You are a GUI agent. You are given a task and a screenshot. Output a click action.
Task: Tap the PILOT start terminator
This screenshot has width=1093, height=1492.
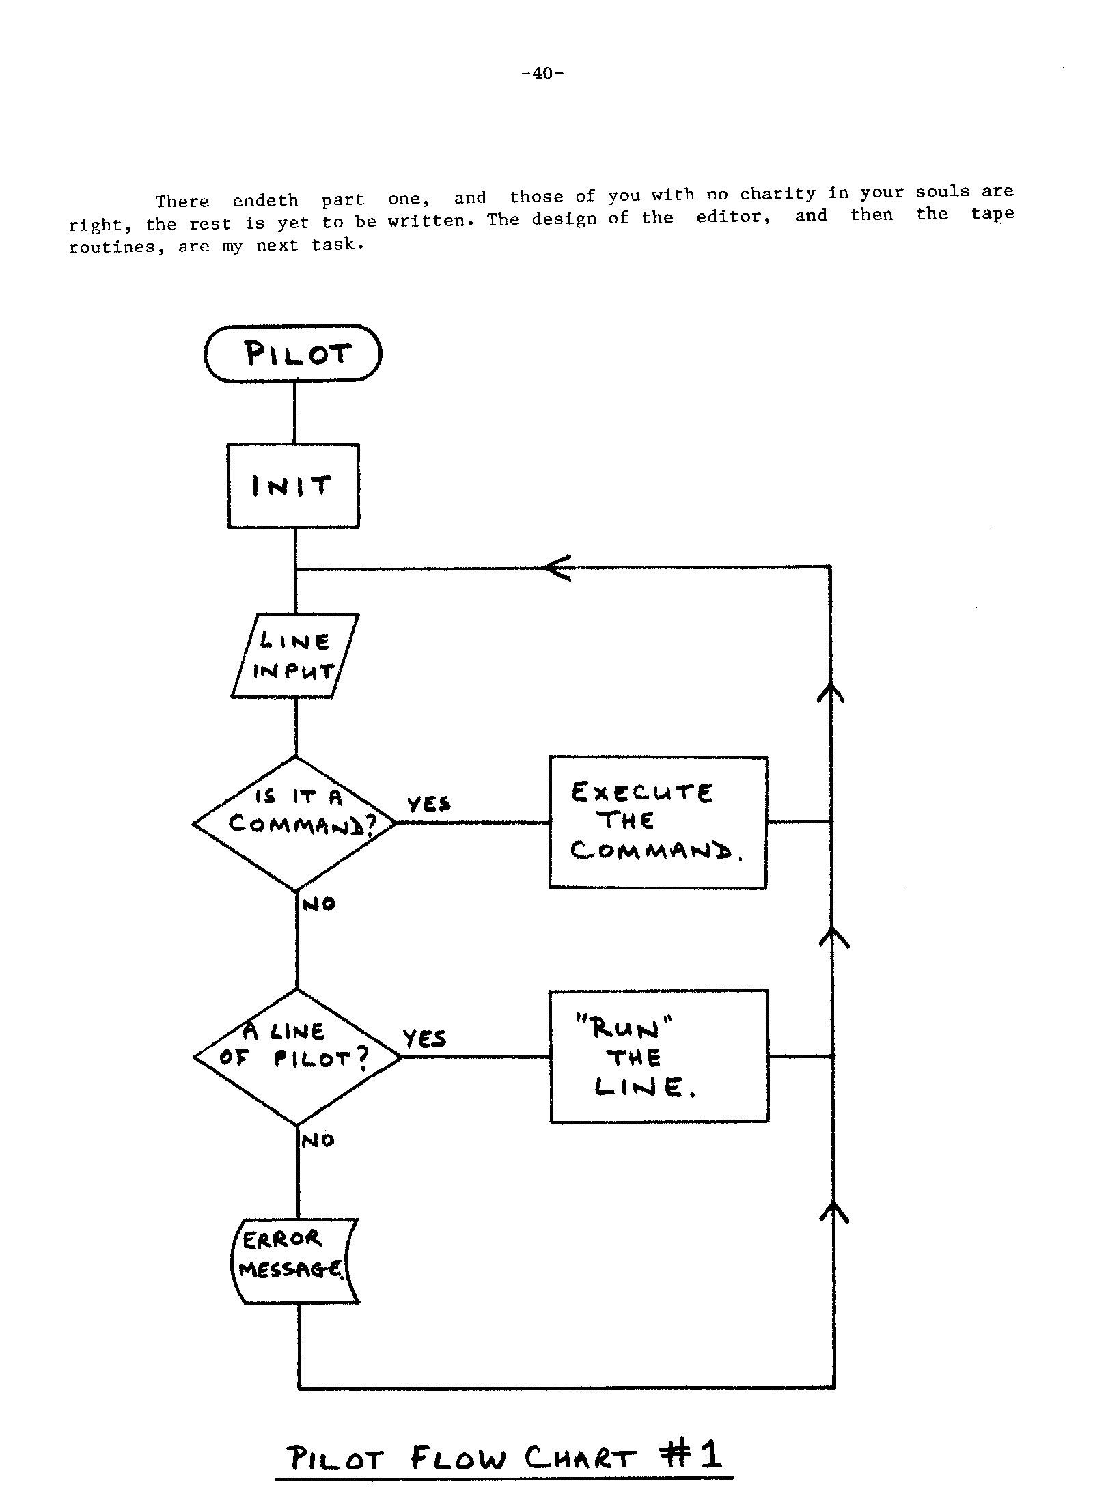293,353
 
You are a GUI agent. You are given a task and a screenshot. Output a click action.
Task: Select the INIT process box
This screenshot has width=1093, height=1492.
293,486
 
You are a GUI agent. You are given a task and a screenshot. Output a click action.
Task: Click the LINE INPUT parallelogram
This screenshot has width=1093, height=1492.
294,656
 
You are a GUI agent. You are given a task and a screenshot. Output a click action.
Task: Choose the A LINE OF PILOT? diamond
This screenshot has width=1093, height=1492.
297,1057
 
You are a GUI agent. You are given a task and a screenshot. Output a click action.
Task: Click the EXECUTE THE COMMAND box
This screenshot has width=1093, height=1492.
658,823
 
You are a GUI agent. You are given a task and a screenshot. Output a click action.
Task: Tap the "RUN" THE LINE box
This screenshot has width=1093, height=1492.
659,1056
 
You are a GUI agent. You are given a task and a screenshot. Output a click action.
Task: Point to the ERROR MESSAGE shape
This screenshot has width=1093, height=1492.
294,1261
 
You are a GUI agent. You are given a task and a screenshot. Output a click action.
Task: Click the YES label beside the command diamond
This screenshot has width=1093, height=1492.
429,804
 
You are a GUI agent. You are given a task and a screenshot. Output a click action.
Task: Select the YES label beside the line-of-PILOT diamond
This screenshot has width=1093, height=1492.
424,1039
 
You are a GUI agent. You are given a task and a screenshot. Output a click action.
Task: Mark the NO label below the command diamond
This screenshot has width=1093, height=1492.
319,904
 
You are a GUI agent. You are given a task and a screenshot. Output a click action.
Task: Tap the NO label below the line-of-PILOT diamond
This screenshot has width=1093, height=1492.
318,1140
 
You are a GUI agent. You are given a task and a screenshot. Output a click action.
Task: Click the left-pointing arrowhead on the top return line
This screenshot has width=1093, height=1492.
557,567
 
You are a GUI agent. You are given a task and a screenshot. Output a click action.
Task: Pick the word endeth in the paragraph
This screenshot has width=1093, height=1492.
265,201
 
